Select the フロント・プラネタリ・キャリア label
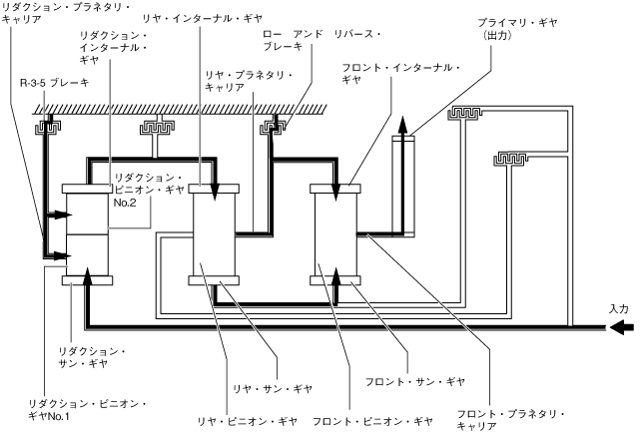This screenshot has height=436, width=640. [x=510, y=420]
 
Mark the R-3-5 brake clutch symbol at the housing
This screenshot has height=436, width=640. [x=47, y=127]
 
